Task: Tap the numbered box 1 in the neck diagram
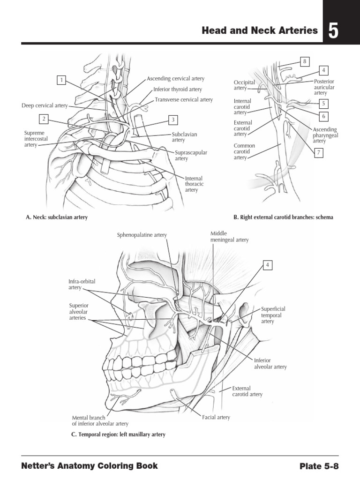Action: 60,80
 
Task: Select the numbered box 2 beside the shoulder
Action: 44,119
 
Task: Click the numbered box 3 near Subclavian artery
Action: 173,120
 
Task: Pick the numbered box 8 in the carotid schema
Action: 304,61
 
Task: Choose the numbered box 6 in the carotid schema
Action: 323,116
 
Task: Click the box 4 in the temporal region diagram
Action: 267,265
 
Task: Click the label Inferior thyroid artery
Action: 178,89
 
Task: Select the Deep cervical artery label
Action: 45,105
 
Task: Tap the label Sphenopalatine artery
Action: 142,235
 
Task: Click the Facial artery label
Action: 216,417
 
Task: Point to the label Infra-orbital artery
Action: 82,284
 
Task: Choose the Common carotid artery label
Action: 244,152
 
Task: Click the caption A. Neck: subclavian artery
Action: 57,217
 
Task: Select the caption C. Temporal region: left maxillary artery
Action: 118,435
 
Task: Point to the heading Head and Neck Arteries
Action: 259,31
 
